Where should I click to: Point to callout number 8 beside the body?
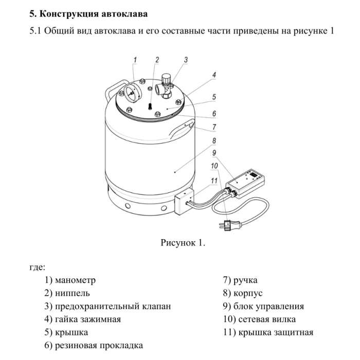coord(213,140)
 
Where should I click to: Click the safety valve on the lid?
coord(166,86)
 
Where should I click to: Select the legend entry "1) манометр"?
coord(70,280)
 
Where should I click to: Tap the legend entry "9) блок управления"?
coord(263,307)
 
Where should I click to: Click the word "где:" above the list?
coord(38,267)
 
